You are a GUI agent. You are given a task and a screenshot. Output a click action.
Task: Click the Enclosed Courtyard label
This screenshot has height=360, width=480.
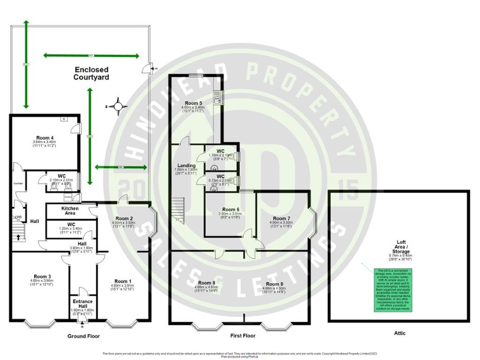[x=92, y=74]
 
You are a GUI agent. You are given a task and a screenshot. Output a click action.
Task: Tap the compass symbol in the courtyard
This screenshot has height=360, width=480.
[x=116, y=106]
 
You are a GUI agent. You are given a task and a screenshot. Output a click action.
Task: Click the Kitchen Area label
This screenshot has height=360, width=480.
[x=70, y=211]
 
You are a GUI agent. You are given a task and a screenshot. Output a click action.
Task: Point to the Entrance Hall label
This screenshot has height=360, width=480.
[x=82, y=303]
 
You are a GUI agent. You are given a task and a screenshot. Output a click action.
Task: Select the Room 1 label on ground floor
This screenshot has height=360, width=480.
[x=121, y=281]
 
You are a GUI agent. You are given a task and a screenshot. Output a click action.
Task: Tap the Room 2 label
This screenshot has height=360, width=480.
[x=124, y=218]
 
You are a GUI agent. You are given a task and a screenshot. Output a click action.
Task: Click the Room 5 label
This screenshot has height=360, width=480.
[x=193, y=103]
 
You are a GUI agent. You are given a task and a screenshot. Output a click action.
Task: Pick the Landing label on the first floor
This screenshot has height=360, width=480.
[x=186, y=166]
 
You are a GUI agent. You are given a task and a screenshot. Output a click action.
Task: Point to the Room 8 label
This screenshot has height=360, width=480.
[x=207, y=283]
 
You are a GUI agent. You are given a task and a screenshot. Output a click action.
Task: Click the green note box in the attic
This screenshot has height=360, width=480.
[x=393, y=290]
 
